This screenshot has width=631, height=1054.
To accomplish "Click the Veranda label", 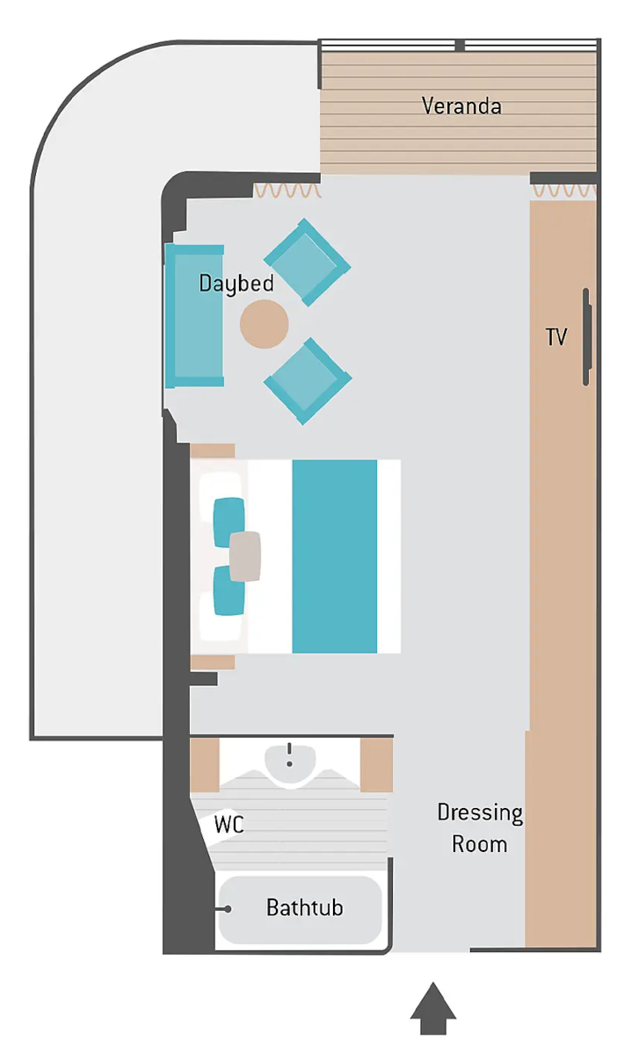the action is point(461,106).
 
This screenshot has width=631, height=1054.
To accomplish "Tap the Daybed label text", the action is point(236,284).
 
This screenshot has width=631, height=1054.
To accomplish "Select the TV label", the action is point(556,337).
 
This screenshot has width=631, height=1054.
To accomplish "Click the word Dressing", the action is point(480,813).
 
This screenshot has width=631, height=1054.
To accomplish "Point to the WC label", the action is point(228,824).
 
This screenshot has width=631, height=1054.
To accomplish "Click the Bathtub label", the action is point(305,907).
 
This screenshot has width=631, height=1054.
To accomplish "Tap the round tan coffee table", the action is point(265,324).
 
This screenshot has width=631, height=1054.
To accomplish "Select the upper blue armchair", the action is point(307,262).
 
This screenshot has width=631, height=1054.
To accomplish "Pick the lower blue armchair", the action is point(308,381).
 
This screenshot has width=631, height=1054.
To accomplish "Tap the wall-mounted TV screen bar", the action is point(586,337).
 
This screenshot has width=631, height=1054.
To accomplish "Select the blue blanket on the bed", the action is point(334,556).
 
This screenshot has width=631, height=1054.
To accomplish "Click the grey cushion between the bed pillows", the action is point(245,556).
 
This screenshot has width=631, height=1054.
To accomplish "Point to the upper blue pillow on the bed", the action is point(229,523).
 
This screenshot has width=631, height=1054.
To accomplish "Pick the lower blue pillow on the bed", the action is point(229,590).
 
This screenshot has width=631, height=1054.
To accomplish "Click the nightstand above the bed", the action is point(213,451).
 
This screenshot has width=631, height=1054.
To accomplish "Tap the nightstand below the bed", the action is point(213,662).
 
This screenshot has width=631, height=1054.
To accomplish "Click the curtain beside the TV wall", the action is point(564,191).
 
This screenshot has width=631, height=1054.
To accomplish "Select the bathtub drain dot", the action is point(228,908).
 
